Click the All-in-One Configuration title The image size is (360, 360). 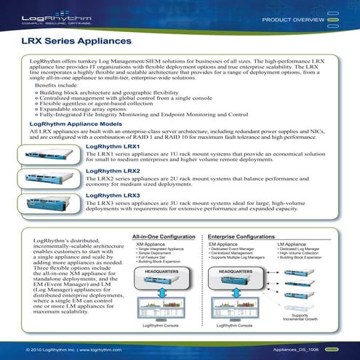click(x=163, y=237)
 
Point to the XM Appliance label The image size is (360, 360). click(x=150, y=244)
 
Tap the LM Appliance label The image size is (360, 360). click(x=292, y=244)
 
